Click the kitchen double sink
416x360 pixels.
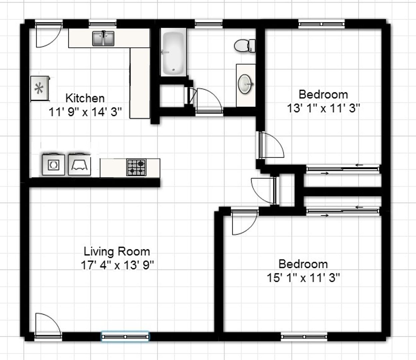click(x=103, y=38)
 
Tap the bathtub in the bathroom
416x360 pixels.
click(x=173, y=52)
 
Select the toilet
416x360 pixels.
click(x=245, y=46)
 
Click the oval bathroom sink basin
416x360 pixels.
click(x=245, y=84)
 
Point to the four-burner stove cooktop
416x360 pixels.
click(x=136, y=167)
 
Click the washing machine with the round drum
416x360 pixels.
click(x=53, y=164)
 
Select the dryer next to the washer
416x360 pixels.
click(x=79, y=164)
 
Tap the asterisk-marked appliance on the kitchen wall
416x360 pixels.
click(x=40, y=88)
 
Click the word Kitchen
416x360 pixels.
click(x=85, y=98)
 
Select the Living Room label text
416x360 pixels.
click(x=117, y=252)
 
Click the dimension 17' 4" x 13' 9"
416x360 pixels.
click(x=117, y=265)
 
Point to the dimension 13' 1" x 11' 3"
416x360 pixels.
click(x=323, y=108)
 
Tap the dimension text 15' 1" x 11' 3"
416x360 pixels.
click(x=303, y=278)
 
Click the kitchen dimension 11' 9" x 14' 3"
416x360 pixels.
click(x=85, y=112)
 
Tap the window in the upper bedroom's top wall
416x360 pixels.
click(x=321, y=24)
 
